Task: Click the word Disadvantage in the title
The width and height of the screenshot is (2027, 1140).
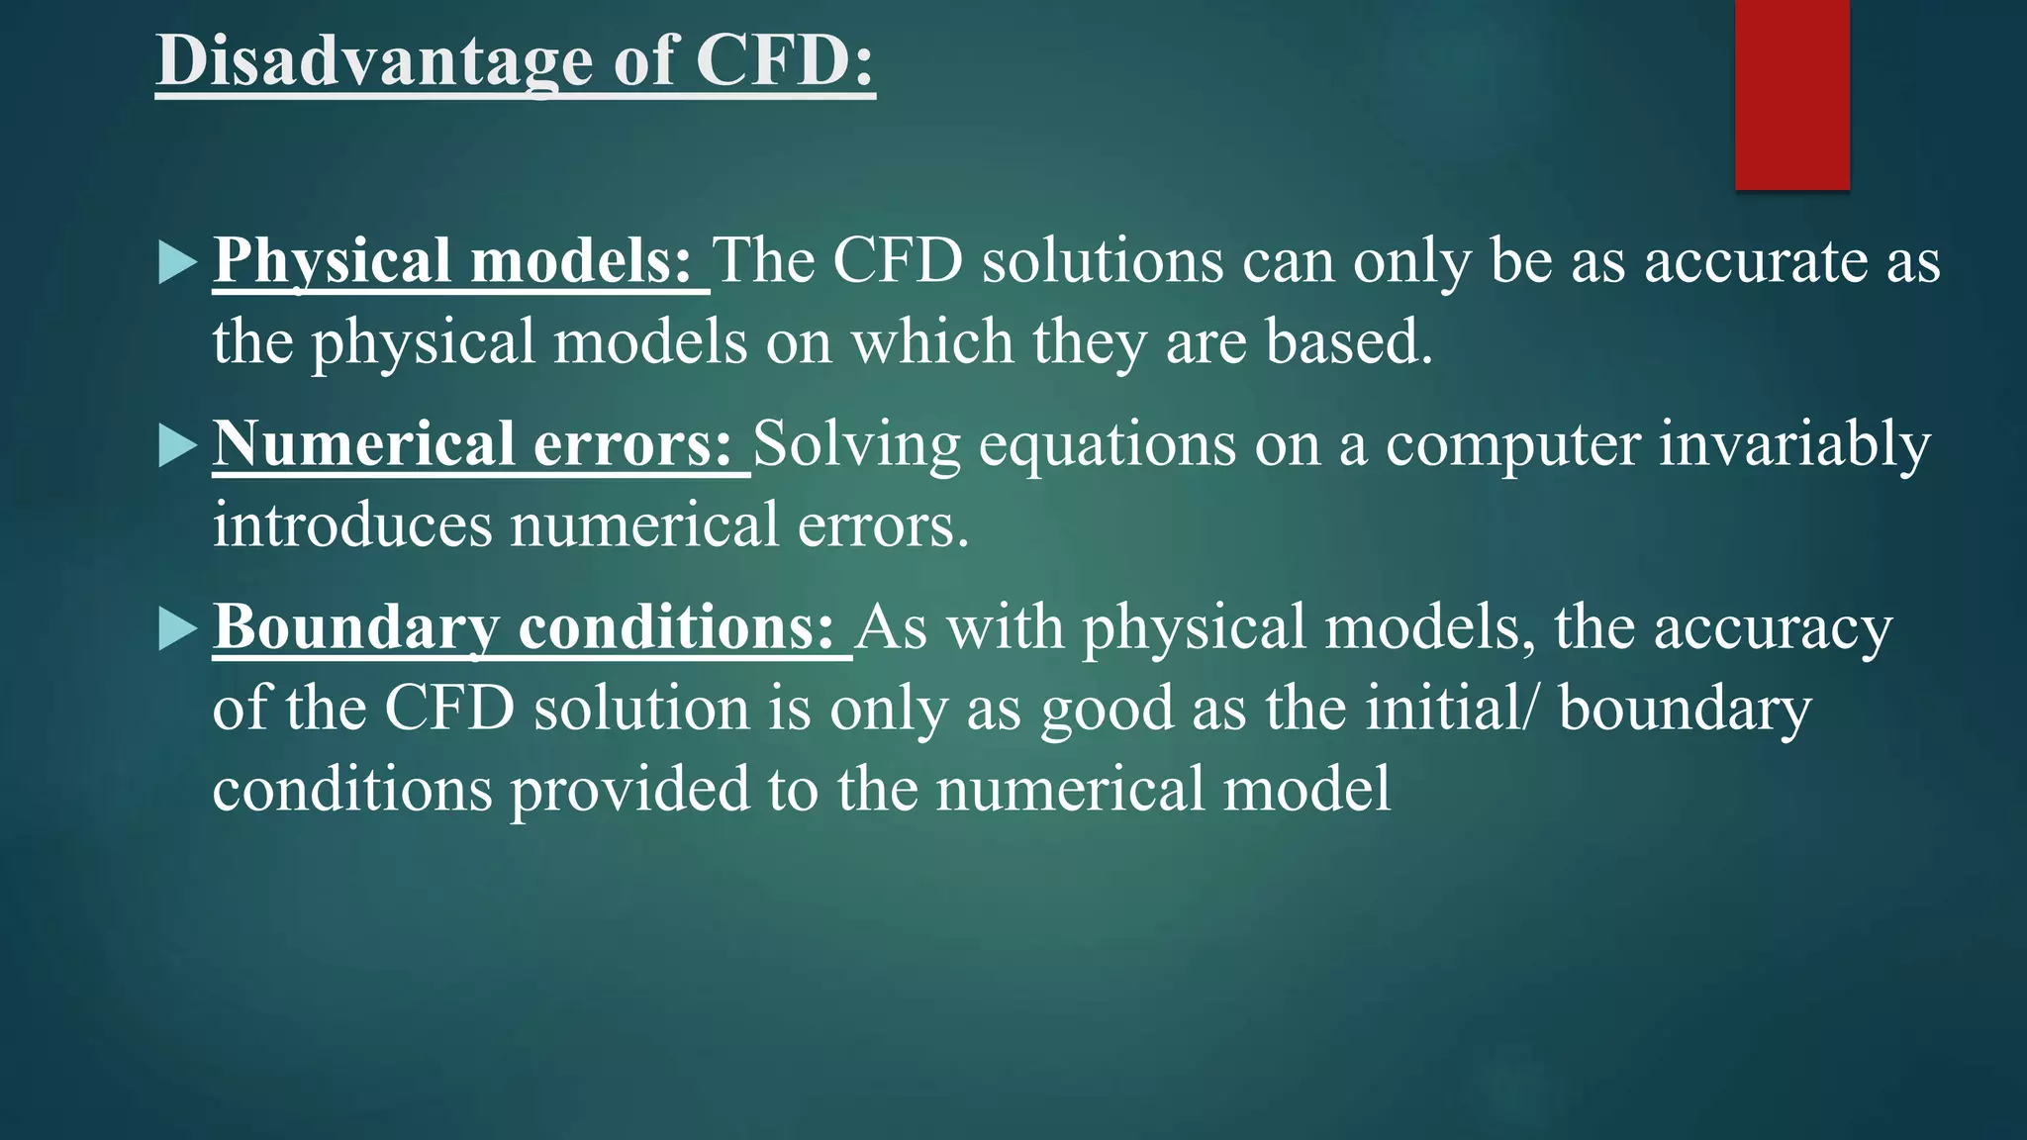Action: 374,61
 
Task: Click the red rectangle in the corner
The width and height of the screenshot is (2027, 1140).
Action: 1791,94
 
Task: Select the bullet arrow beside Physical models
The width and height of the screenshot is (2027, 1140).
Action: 177,263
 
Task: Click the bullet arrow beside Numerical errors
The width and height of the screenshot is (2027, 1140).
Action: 177,446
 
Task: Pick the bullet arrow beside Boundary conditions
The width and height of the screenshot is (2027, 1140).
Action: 177,629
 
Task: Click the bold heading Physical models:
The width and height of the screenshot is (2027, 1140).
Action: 452,261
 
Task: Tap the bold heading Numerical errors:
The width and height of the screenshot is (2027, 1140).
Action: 472,444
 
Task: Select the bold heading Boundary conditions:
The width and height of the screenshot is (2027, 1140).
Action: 525,627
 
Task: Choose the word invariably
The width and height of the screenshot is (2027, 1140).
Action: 1794,444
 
